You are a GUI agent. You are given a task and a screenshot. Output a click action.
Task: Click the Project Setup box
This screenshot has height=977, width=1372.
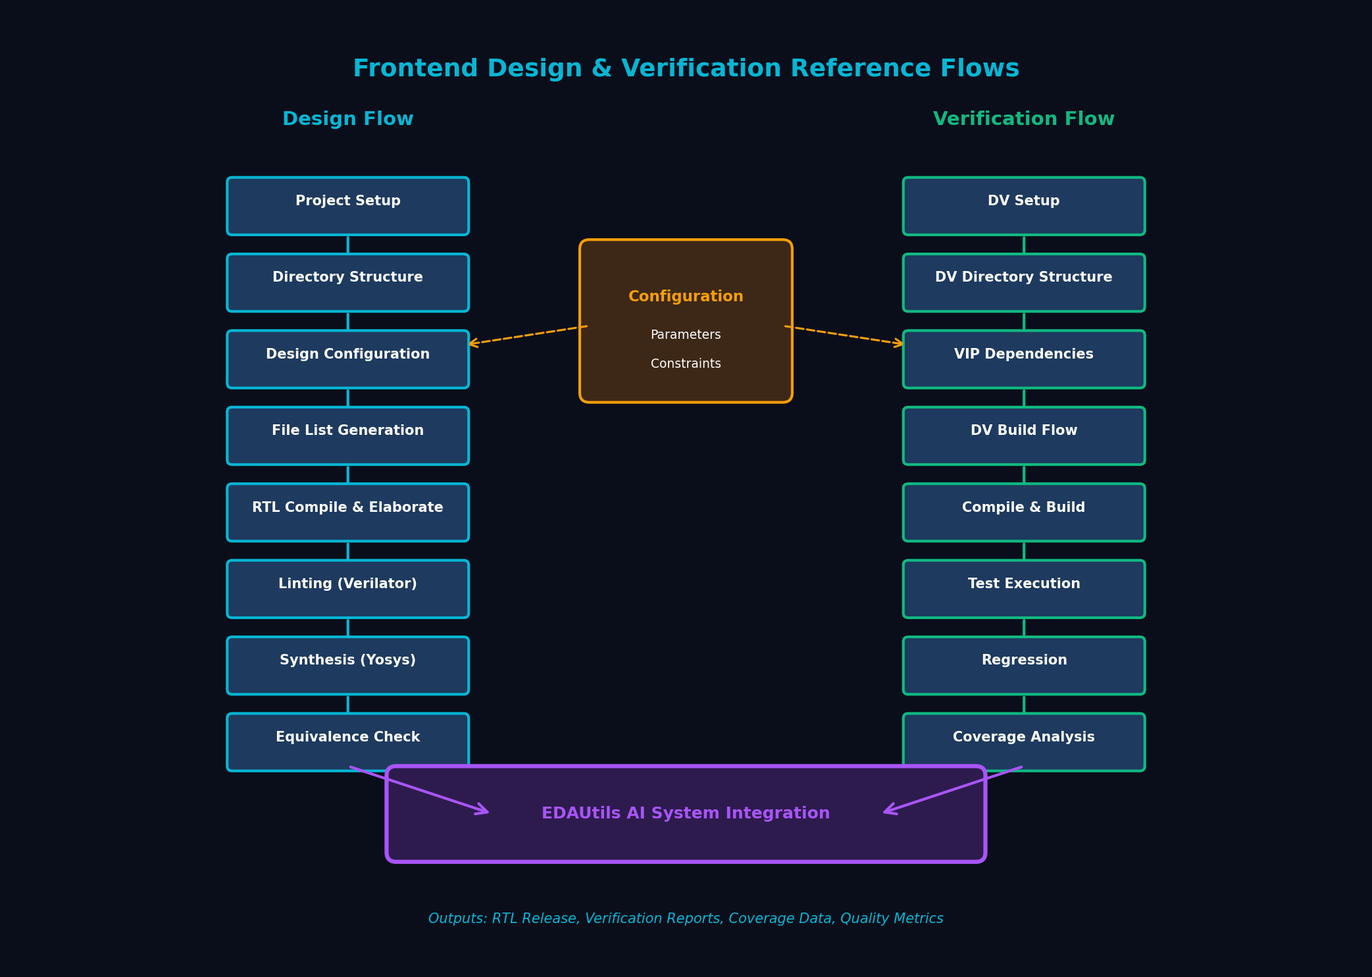(x=347, y=206)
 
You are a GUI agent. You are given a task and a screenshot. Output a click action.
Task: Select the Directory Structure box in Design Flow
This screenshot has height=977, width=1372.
(x=347, y=282)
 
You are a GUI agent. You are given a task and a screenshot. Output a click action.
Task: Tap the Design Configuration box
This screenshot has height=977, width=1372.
(x=347, y=359)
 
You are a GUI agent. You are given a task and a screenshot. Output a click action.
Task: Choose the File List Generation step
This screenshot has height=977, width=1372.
(x=347, y=436)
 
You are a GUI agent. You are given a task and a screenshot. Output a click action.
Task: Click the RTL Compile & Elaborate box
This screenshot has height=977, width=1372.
(x=347, y=513)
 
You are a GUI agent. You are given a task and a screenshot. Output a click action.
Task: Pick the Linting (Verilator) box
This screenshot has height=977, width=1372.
(x=347, y=589)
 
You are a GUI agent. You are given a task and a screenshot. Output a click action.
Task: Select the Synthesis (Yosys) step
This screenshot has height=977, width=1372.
(x=347, y=665)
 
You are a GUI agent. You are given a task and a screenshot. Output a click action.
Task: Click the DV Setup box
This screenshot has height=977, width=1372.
(x=1023, y=206)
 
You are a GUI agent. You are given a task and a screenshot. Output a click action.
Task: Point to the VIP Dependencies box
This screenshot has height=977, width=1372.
(x=1023, y=359)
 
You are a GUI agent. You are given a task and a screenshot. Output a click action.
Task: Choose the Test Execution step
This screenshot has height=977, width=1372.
(x=1023, y=589)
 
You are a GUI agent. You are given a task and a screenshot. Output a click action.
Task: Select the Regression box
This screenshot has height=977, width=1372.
(x=1023, y=665)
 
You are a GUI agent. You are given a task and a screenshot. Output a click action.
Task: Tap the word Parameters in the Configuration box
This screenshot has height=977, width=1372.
(x=686, y=335)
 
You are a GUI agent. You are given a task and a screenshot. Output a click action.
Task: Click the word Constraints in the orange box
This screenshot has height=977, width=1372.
(x=686, y=364)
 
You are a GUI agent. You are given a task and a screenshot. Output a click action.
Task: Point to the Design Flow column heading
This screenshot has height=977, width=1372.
(x=347, y=119)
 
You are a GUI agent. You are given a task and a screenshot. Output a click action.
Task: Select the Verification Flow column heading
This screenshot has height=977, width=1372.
(x=1023, y=119)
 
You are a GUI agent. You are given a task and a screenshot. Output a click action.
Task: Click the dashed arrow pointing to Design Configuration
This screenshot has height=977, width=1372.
(x=526, y=335)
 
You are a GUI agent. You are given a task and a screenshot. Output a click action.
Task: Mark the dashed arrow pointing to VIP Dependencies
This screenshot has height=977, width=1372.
(x=845, y=335)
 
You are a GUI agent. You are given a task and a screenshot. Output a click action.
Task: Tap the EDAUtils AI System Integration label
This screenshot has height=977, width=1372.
(x=686, y=813)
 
